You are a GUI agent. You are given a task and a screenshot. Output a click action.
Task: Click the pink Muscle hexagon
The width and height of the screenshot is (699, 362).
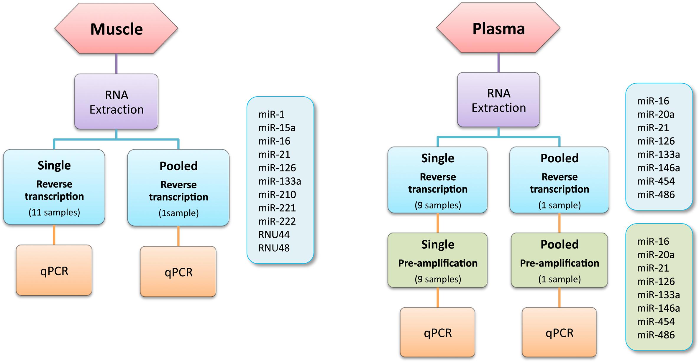click(116, 28)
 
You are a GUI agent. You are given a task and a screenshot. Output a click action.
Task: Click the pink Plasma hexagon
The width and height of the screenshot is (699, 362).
click(498, 28)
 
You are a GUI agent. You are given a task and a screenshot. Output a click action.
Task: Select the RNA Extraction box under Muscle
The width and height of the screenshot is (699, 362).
click(116, 102)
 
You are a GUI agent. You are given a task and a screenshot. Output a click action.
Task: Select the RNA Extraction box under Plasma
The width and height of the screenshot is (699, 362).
click(498, 100)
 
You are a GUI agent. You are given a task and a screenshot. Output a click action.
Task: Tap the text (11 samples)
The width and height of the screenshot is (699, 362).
click(54, 212)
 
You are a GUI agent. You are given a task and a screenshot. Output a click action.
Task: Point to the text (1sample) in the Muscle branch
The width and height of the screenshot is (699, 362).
click(178, 213)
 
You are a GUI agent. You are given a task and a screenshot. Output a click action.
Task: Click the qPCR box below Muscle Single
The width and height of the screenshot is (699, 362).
click(54, 270)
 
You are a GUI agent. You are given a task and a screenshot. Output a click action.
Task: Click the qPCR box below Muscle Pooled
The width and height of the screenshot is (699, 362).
click(178, 272)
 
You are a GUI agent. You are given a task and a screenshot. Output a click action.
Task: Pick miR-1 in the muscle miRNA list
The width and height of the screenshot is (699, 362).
click(271, 114)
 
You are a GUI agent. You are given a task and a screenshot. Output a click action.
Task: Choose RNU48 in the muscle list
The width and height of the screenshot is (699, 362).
click(274, 248)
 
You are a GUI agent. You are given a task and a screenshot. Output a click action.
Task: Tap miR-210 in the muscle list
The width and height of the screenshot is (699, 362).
click(277, 194)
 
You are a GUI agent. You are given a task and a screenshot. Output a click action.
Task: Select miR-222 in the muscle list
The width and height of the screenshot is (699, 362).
click(277, 221)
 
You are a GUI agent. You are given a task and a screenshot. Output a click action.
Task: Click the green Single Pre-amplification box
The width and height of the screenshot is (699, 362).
click(437, 260)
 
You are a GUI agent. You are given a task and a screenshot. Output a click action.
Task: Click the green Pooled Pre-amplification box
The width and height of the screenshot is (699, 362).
click(559, 260)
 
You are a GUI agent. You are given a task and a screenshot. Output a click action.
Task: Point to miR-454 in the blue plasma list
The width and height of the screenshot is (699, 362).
click(656, 181)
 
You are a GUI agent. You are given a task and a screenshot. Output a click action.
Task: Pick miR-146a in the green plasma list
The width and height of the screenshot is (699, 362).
click(658, 308)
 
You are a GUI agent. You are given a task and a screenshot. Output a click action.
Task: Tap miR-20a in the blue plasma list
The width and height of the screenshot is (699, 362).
click(656, 114)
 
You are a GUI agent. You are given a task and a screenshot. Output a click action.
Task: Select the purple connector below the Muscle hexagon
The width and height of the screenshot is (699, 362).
click(116, 64)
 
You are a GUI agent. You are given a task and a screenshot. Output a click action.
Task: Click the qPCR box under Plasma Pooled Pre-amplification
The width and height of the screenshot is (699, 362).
click(559, 332)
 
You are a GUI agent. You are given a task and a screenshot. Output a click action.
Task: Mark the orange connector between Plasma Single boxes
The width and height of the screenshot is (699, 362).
click(438, 223)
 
